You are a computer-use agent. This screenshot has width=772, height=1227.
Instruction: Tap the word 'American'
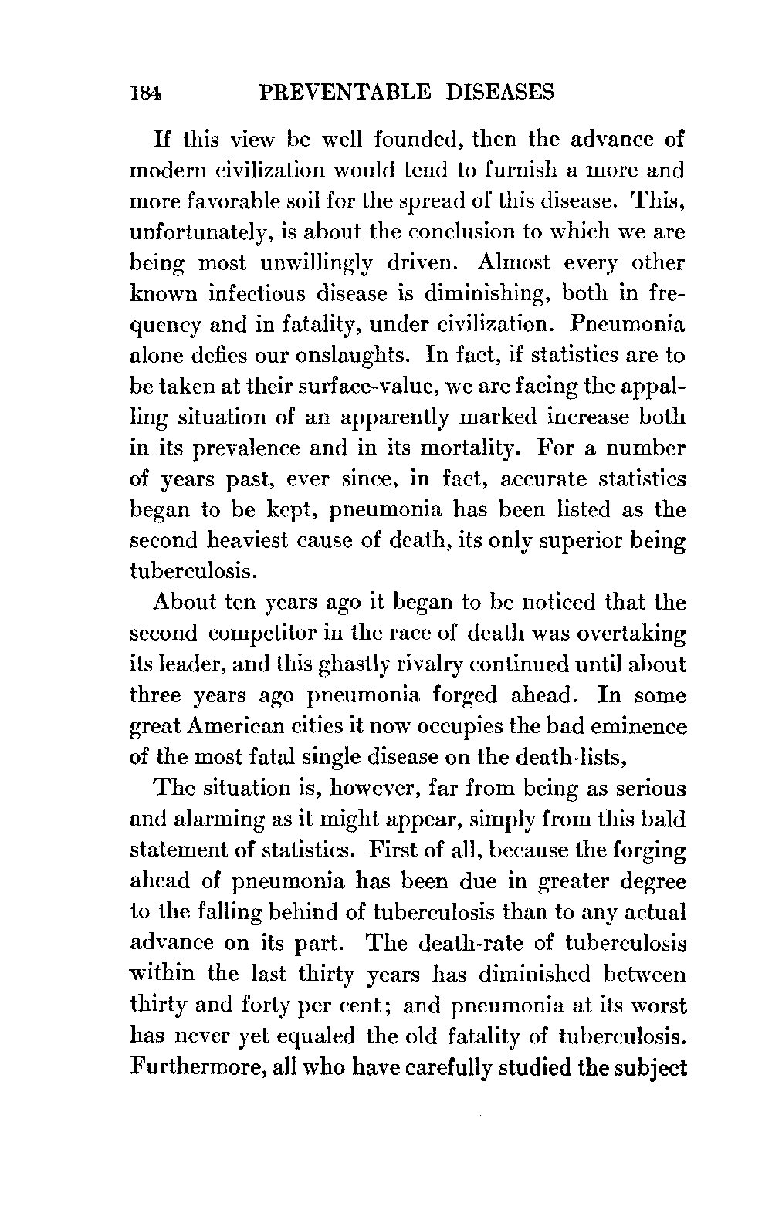[258, 726]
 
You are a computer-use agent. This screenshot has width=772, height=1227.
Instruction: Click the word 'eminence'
[637, 726]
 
